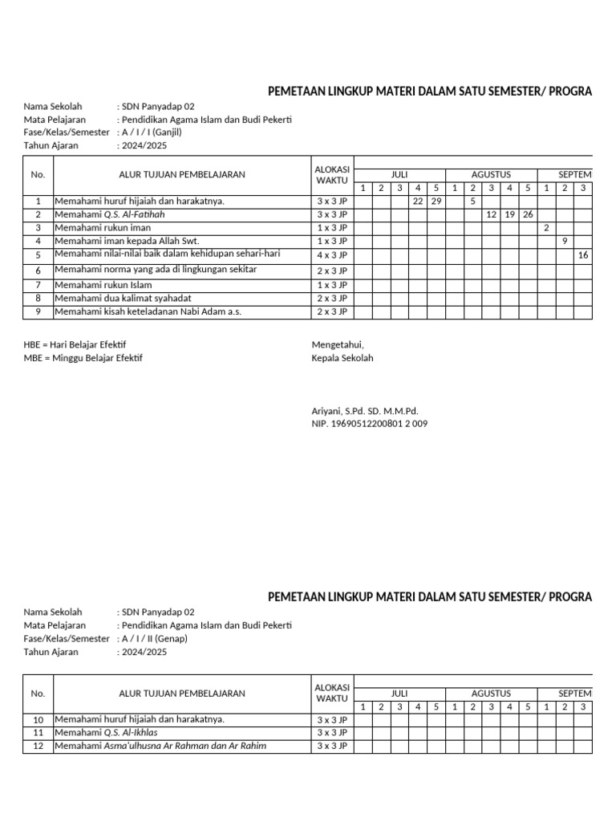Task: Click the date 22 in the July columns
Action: tap(418, 201)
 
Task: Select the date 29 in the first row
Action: tap(436, 201)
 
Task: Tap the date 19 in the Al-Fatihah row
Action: tap(509, 215)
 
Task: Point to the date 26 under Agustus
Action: tap(528, 215)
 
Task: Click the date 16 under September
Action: tap(583, 254)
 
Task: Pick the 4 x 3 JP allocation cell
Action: tap(332, 255)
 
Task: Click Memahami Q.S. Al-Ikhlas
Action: tap(106, 733)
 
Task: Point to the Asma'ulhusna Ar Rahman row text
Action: tap(160, 746)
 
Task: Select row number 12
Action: tap(38, 747)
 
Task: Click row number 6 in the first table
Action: tap(38, 271)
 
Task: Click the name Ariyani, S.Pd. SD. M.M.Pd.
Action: tap(365, 410)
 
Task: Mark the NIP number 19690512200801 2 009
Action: tap(369, 424)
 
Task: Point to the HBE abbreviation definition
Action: tap(75, 344)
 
